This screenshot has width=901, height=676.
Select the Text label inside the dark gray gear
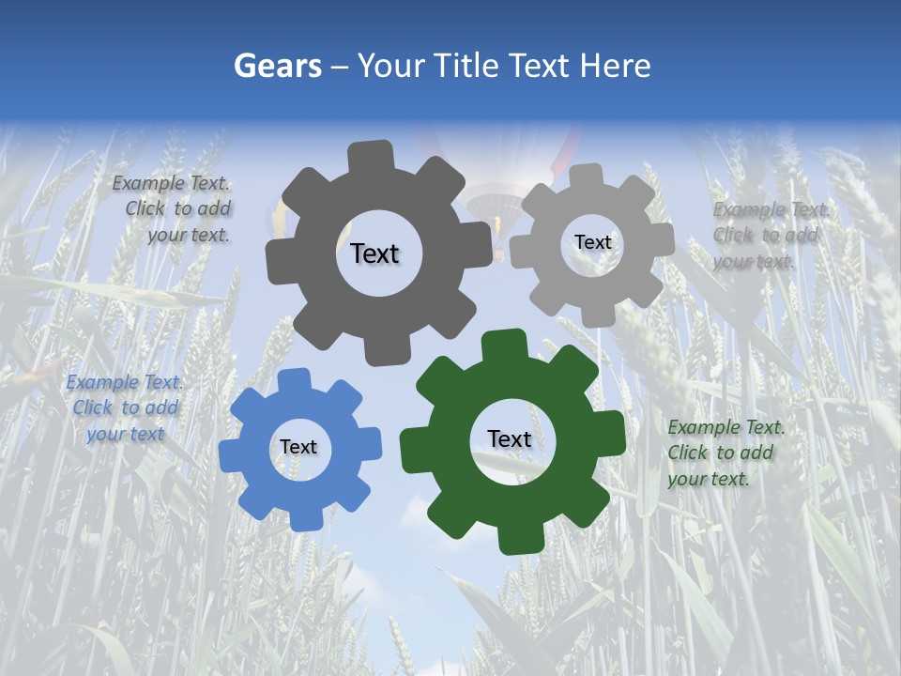[x=374, y=253]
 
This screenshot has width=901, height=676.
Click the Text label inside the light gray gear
[x=592, y=242]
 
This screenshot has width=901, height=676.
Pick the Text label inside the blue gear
[x=298, y=448]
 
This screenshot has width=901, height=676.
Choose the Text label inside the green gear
[x=510, y=439]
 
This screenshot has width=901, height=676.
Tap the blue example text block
[x=125, y=408]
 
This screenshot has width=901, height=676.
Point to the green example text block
[x=724, y=453]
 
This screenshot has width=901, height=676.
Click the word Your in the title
[x=387, y=66]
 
